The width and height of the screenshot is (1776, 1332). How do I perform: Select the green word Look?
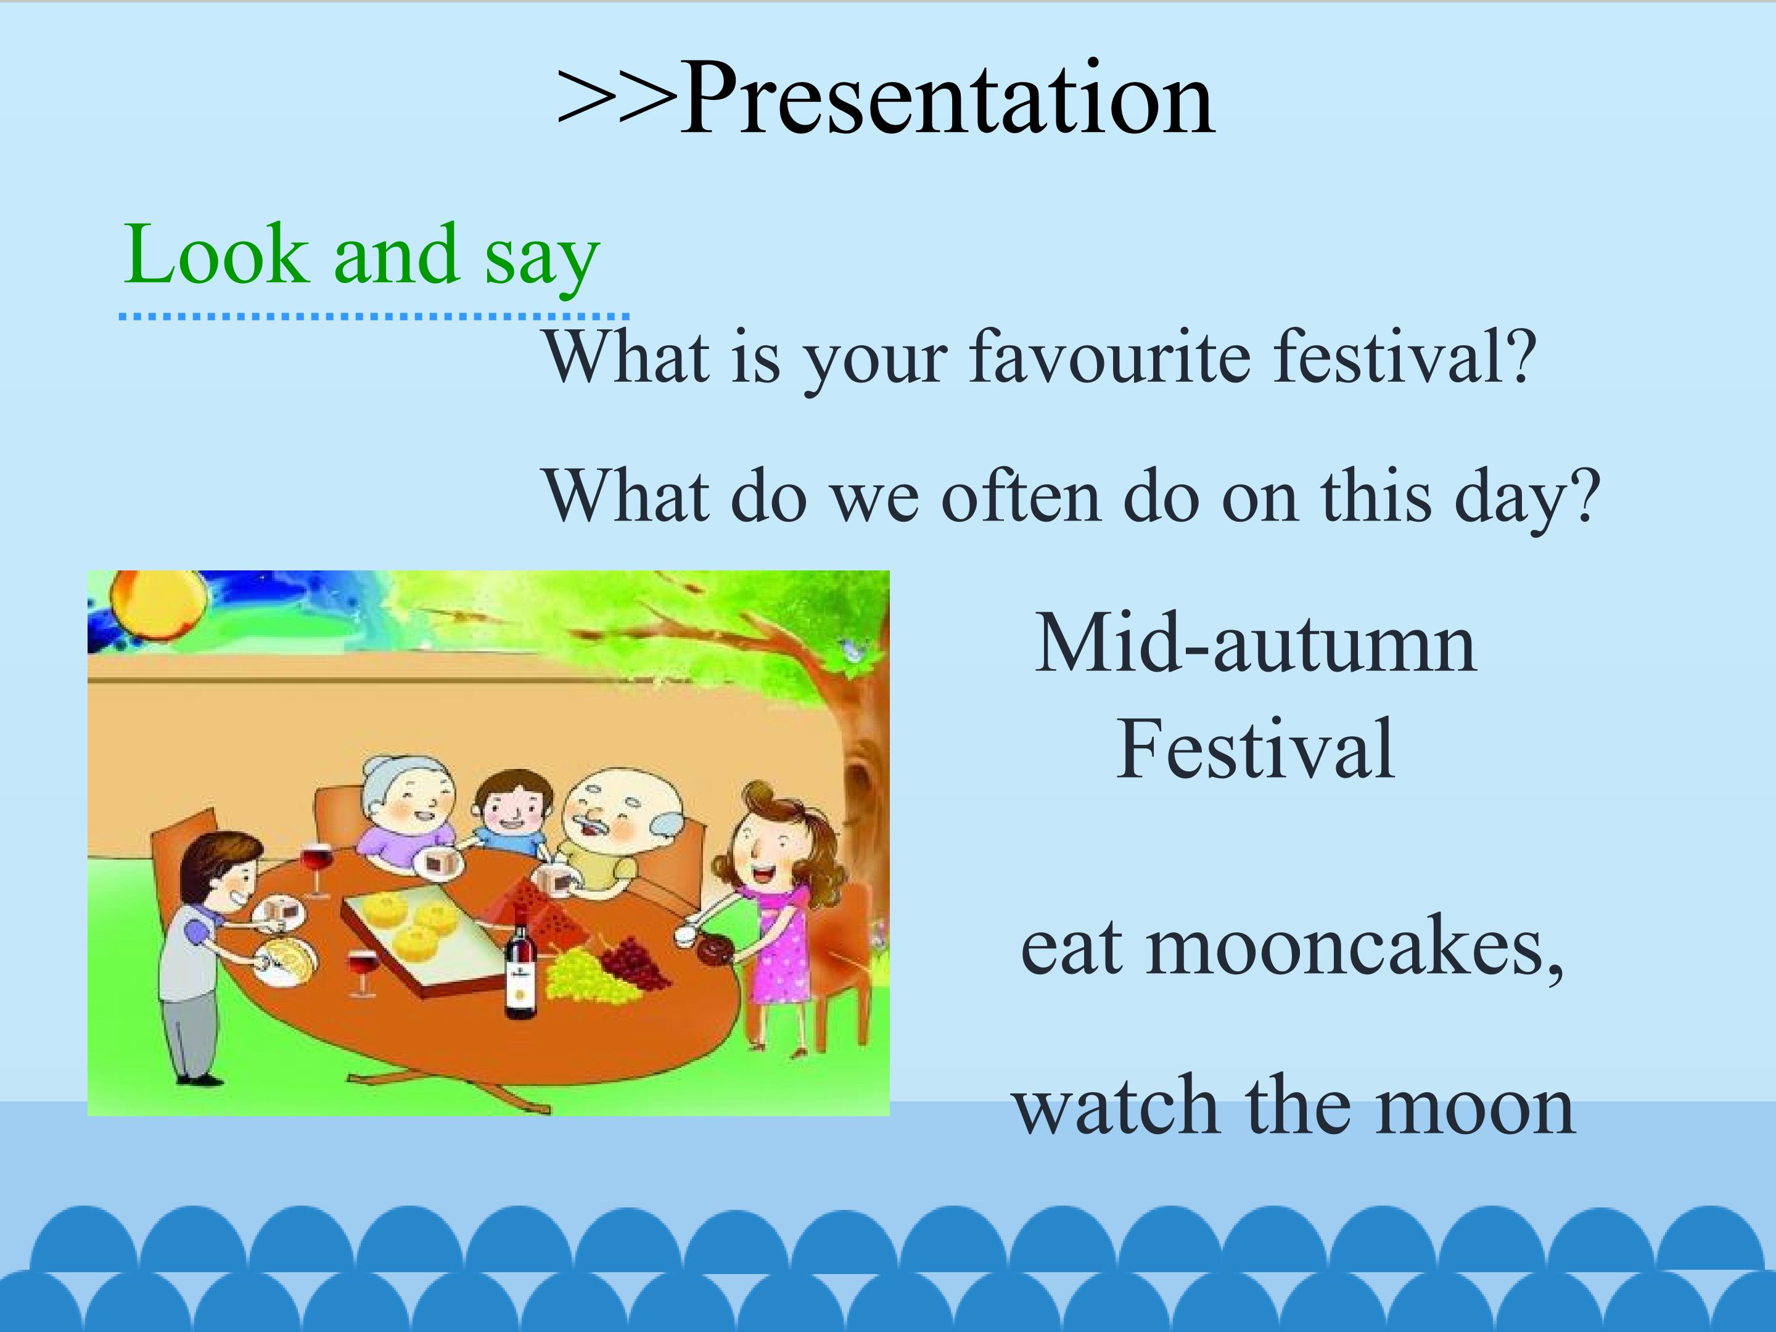(x=216, y=253)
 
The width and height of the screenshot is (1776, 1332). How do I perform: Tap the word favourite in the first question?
(x=1109, y=356)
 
